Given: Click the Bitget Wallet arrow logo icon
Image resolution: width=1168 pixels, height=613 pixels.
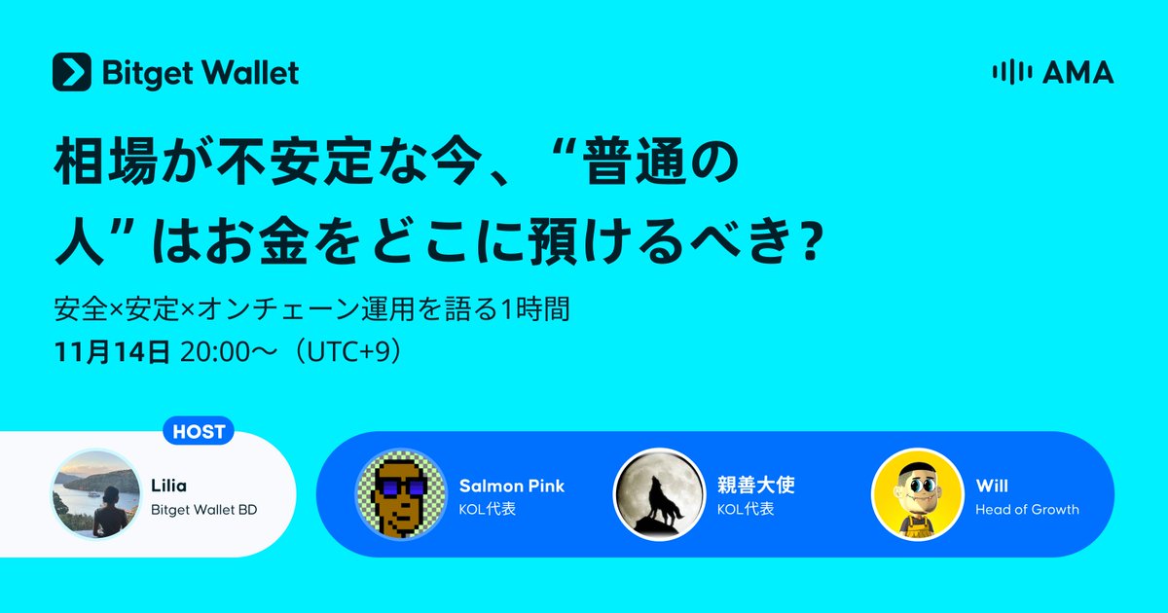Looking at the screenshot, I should point(72,72).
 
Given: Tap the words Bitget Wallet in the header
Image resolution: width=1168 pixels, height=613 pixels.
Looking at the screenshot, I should point(201,72).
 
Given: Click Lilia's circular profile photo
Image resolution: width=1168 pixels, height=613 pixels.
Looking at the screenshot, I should point(91,493).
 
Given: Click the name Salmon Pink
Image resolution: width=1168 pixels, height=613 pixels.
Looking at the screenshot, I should point(511,486).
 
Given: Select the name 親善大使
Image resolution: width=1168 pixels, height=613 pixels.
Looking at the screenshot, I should point(749,486).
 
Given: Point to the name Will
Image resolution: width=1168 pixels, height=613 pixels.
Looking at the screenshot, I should point(992,486).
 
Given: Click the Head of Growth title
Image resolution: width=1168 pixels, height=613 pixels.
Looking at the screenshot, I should point(1027,509).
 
